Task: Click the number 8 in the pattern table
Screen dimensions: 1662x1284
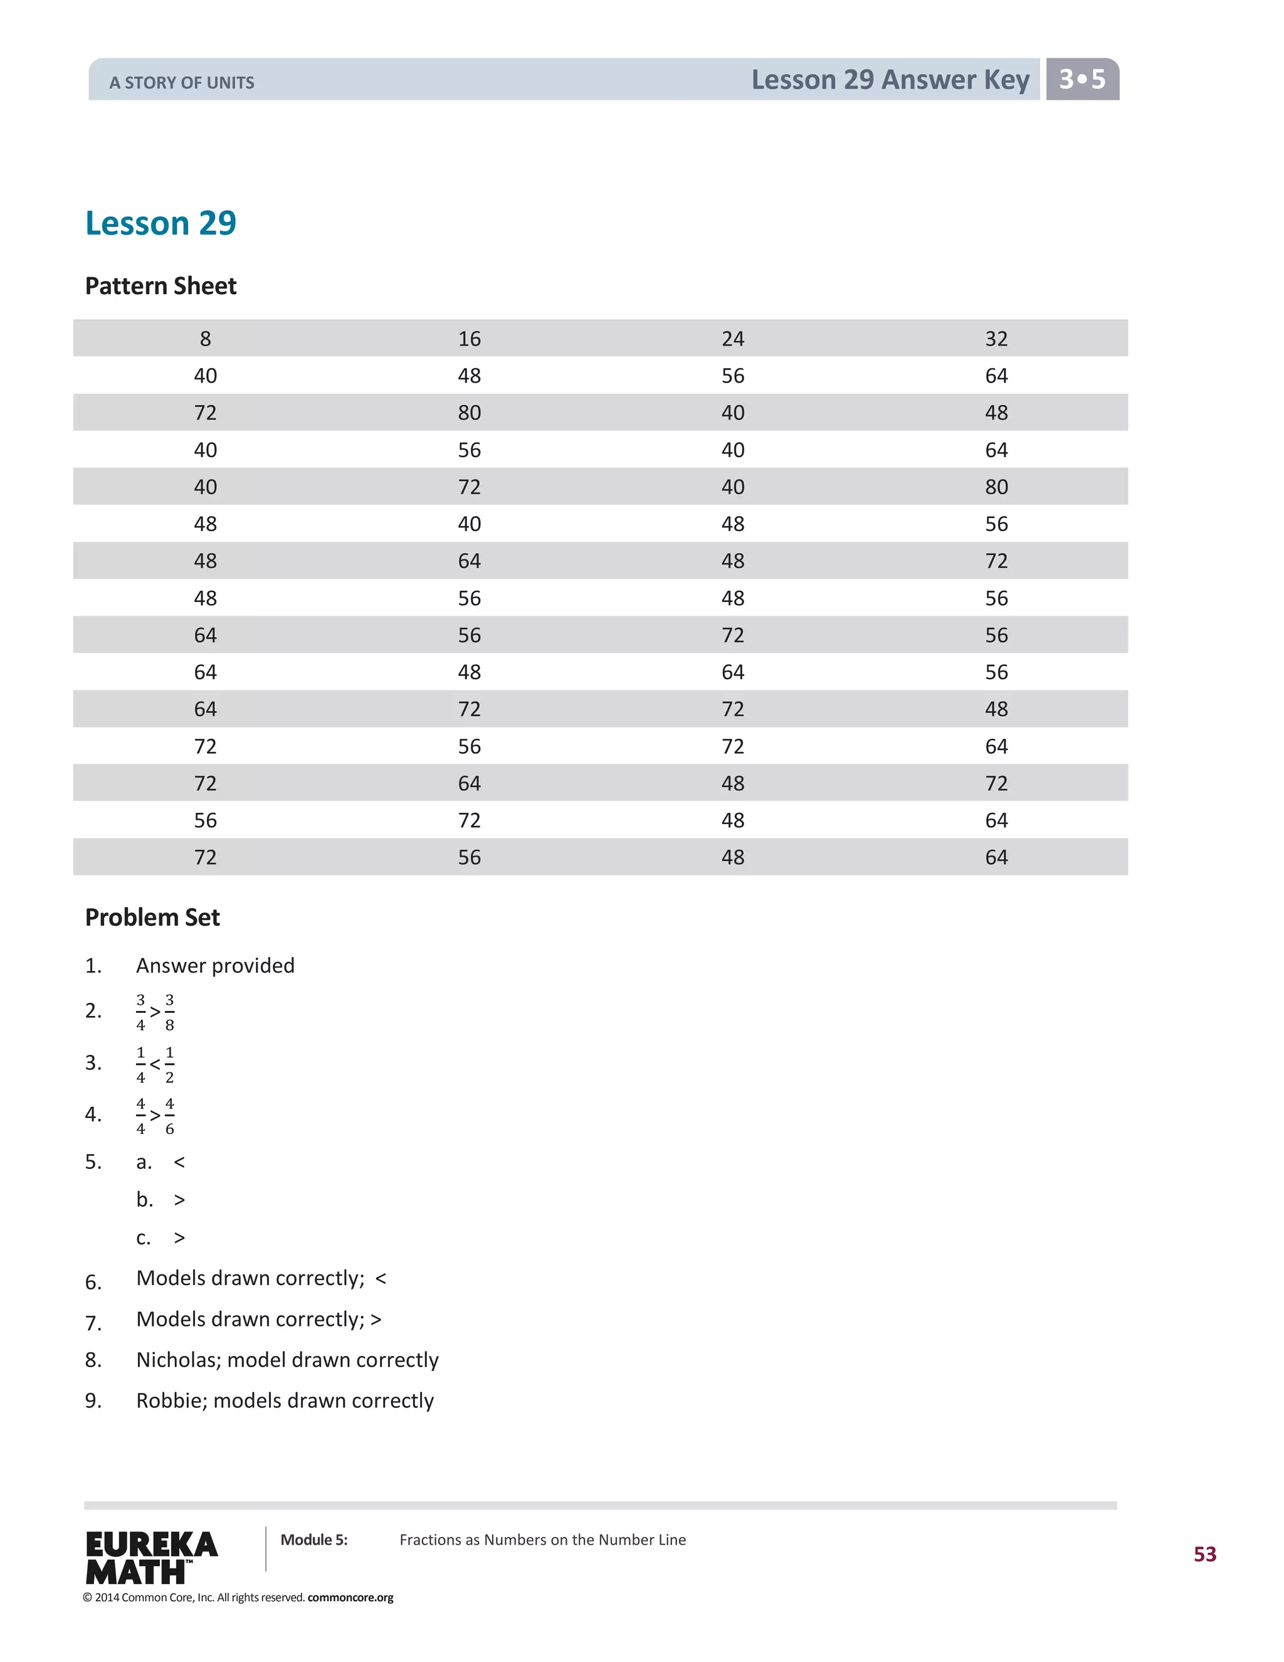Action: [x=206, y=339]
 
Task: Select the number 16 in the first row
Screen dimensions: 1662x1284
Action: [x=470, y=339]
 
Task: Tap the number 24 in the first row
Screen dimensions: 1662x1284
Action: [x=732, y=339]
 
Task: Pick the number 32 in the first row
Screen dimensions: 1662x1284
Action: [x=996, y=339]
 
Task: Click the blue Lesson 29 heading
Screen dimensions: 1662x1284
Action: [x=160, y=223]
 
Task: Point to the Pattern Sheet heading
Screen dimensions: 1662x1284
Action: [x=160, y=286]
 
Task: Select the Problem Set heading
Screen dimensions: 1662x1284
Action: [x=152, y=918]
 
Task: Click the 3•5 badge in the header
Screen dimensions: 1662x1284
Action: [x=1081, y=79]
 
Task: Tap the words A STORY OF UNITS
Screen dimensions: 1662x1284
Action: [x=182, y=83]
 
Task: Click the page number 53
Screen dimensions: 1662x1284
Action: [x=1204, y=1554]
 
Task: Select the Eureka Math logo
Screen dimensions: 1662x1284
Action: [x=151, y=1557]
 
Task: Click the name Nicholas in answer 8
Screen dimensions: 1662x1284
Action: [x=178, y=1360]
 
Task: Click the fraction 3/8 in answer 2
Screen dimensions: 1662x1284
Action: [x=170, y=1012]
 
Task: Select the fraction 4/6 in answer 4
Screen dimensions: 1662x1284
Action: [x=170, y=1116]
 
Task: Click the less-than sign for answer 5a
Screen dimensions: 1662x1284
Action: [x=179, y=1163]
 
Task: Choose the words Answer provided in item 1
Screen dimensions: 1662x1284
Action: [x=215, y=966]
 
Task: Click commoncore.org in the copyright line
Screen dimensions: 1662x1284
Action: [x=350, y=1597]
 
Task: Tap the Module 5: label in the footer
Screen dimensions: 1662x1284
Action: [x=313, y=1540]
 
